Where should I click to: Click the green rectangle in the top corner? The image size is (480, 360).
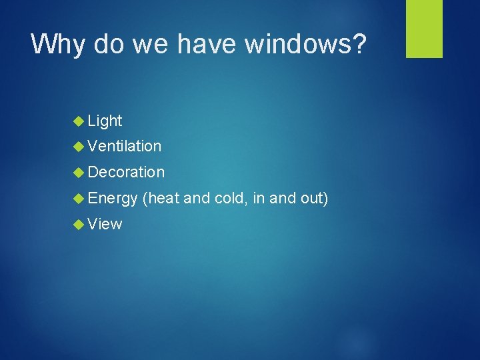pos(425,29)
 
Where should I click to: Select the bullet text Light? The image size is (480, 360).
pos(105,121)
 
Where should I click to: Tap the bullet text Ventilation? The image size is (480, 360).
pos(124,146)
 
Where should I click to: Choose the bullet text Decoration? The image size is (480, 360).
pos(125,172)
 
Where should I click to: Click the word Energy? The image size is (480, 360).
pos(112,199)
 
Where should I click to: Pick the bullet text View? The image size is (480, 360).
pos(105,224)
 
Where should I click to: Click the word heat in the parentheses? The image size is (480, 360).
pos(161,198)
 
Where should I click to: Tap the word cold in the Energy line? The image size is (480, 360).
pos(229,198)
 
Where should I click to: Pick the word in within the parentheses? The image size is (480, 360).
pos(259,198)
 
